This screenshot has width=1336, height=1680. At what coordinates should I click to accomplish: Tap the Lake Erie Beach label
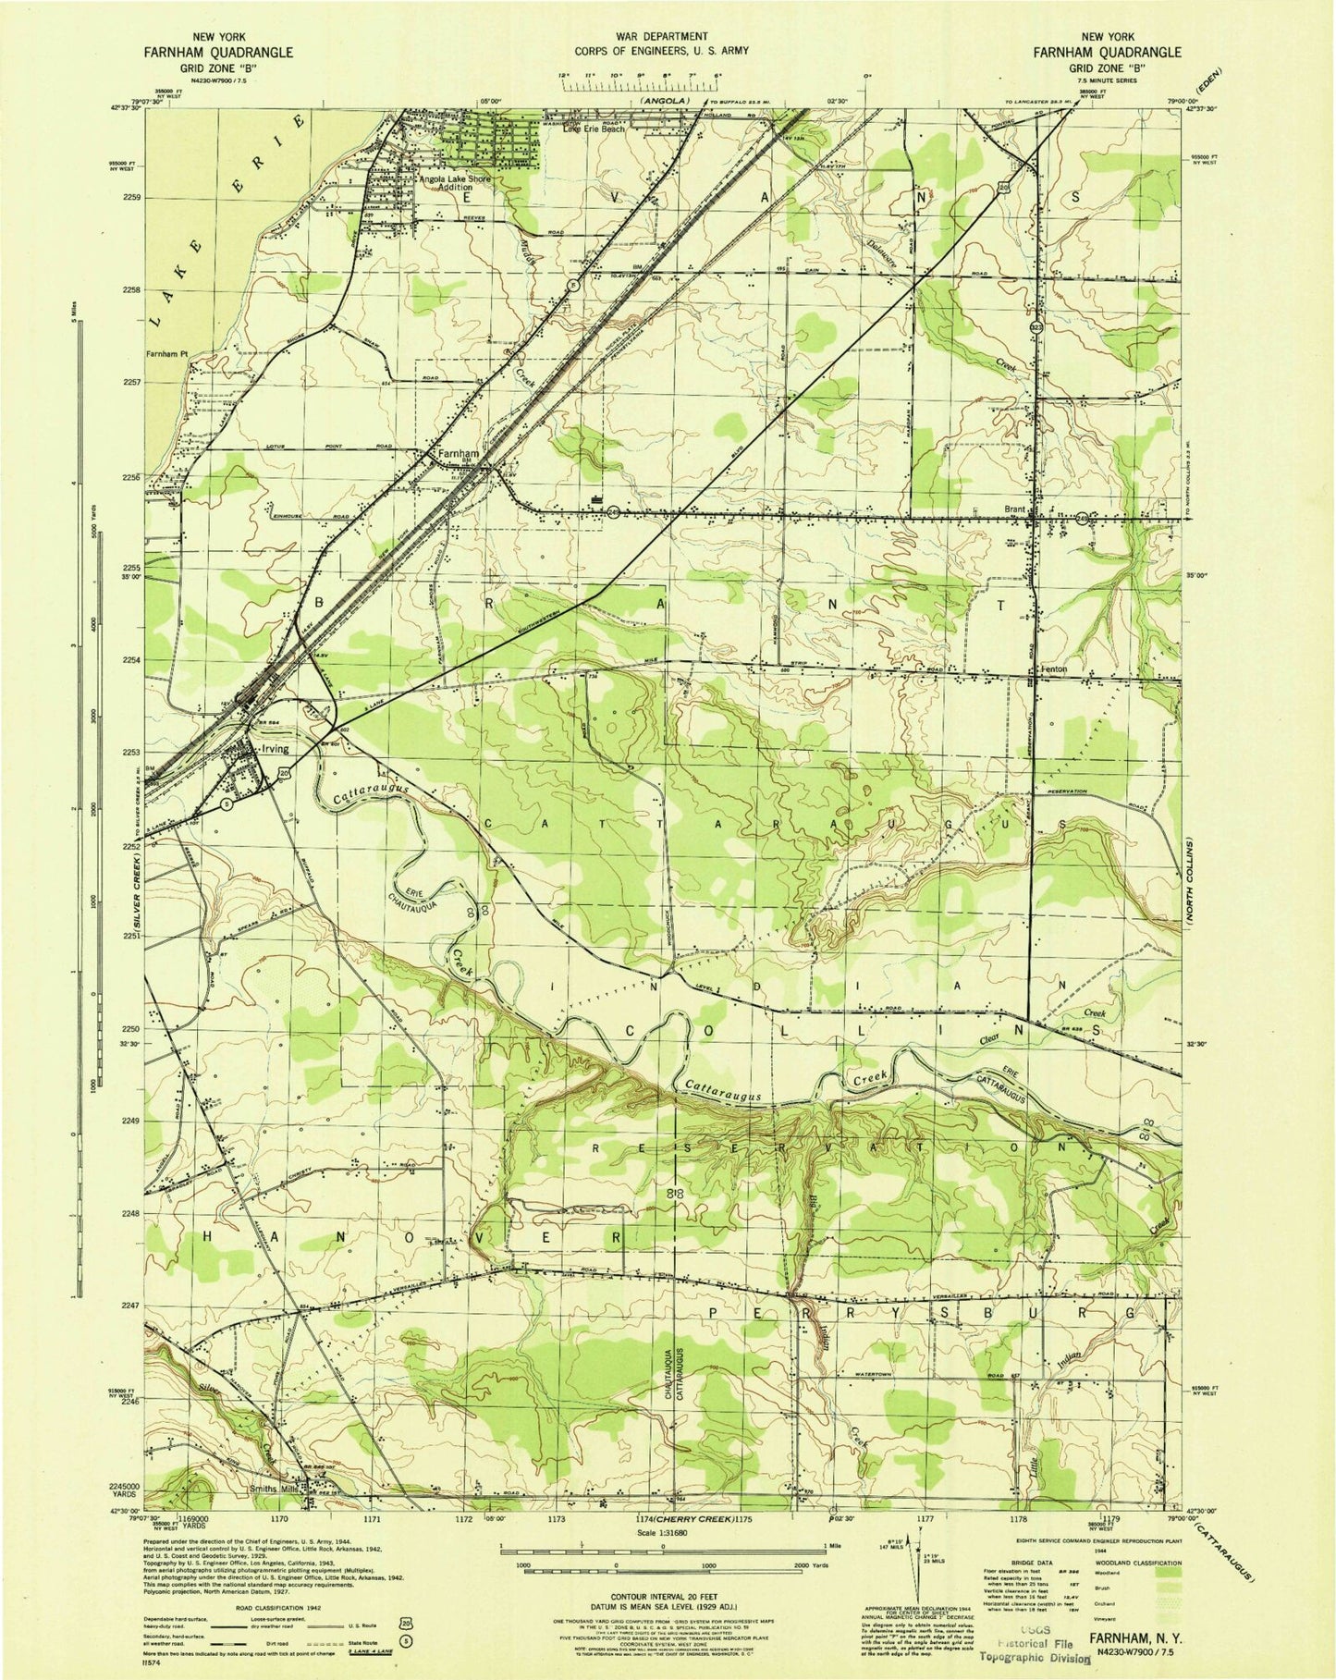pos(594,129)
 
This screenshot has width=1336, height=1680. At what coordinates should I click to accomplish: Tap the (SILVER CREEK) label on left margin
pos(135,892)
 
